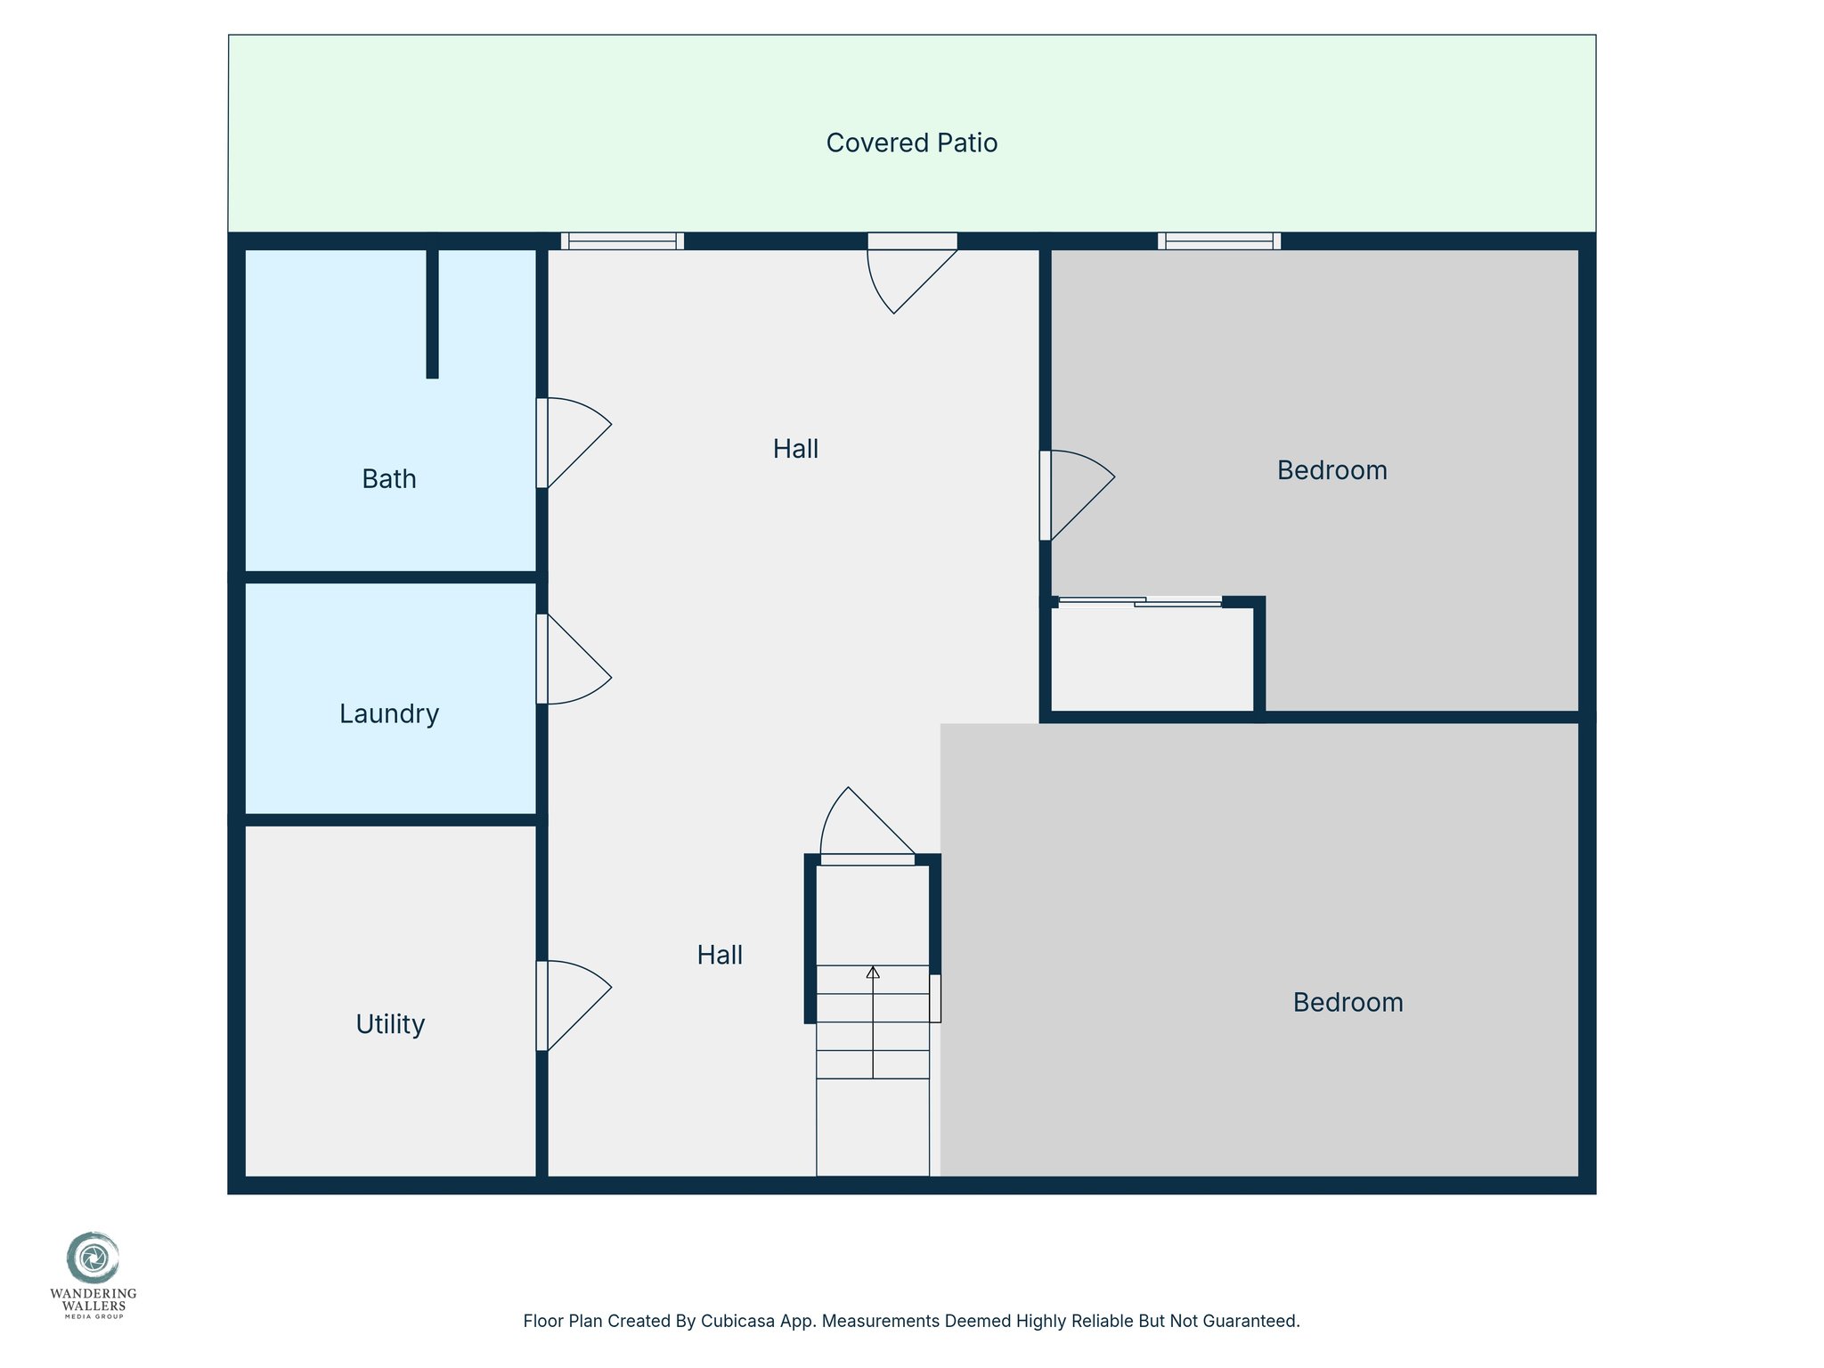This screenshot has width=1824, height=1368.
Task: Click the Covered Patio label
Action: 911,142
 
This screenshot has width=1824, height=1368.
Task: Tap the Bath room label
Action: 389,479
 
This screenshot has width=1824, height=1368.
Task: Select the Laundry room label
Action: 389,713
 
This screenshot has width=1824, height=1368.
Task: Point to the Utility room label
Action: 390,1024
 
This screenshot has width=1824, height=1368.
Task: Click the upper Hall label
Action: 795,449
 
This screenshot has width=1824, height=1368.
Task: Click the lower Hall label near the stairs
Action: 720,955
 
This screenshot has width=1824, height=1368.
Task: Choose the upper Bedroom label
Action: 1331,470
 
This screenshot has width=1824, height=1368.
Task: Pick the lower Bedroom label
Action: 1348,1003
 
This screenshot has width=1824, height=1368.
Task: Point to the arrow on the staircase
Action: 873,973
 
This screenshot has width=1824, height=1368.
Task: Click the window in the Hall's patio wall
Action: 623,241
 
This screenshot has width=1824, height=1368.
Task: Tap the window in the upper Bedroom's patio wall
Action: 1219,241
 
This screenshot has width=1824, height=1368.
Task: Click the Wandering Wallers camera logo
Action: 93,1258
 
